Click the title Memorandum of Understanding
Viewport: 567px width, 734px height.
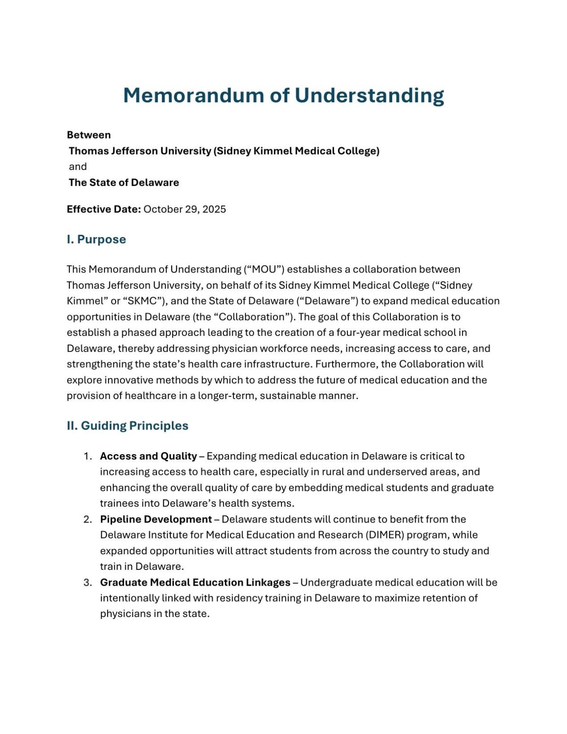[x=283, y=96]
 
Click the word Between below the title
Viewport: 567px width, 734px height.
[x=89, y=135]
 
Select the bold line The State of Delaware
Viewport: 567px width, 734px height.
[x=124, y=182]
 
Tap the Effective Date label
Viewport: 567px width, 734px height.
[x=104, y=209]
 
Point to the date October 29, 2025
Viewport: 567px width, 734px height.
[x=185, y=209]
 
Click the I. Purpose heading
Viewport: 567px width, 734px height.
[x=96, y=239]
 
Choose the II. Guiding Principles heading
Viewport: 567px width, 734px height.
[x=128, y=426]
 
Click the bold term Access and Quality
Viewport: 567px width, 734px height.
[x=148, y=456]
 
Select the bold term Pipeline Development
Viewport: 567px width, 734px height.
[x=156, y=519]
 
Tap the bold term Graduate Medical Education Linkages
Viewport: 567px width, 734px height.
[x=195, y=582]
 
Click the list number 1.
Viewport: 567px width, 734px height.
[x=87, y=456]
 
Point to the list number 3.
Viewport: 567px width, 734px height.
[x=87, y=582]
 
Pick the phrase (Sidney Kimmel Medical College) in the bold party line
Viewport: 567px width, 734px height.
[x=296, y=151]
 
